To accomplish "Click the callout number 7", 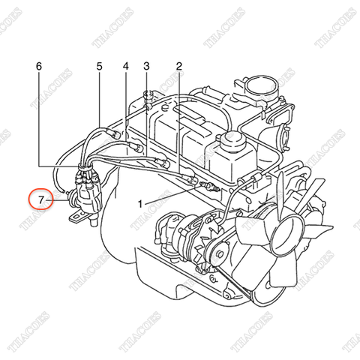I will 42,199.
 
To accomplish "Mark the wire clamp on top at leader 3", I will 147,95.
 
